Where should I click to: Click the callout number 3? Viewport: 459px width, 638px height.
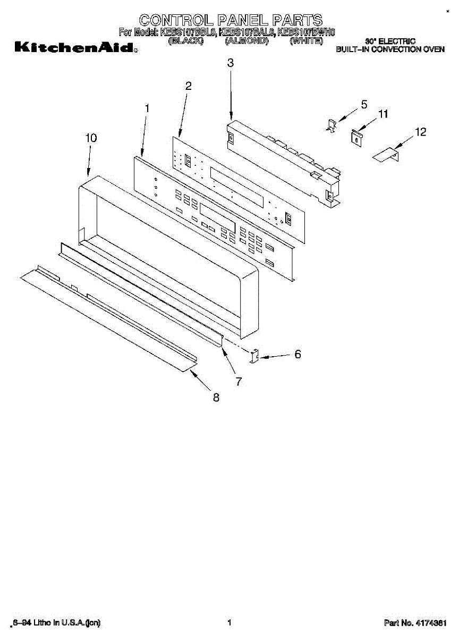click(230, 63)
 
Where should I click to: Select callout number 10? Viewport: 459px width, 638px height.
click(91, 138)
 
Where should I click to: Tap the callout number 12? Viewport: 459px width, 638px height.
click(420, 132)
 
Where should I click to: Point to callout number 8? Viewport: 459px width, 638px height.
click(216, 397)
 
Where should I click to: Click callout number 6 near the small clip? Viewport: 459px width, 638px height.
click(297, 354)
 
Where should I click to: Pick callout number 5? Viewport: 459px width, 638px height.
click(364, 105)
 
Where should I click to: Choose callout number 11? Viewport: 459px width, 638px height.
click(382, 114)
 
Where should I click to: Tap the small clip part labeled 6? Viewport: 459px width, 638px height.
click(254, 356)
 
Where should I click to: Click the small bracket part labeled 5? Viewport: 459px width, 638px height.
click(330, 127)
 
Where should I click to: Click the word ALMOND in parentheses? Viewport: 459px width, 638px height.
click(246, 41)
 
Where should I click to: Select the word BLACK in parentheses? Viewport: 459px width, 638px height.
click(185, 41)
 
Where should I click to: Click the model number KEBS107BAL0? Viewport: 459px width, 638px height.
click(247, 32)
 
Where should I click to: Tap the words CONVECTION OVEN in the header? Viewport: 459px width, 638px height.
click(408, 49)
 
